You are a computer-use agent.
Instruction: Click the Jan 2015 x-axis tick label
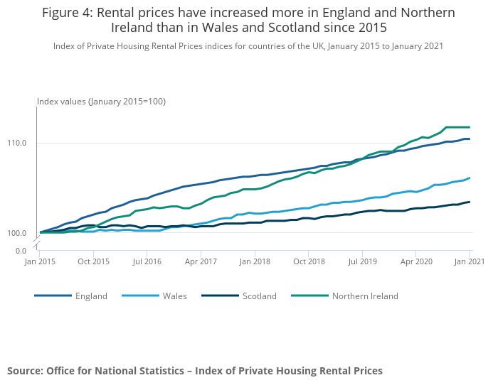coord(40,262)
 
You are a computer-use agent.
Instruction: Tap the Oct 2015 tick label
coord(93,262)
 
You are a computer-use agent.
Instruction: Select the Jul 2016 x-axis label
coord(147,262)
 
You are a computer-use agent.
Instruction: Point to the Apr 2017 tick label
coord(201,262)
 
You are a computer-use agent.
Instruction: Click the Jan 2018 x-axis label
coord(254,262)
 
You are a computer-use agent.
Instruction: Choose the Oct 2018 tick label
coord(308,262)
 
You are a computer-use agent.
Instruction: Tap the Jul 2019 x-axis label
coord(362,262)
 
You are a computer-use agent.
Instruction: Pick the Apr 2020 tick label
coord(416,262)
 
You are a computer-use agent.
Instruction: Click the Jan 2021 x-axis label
coord(470,262)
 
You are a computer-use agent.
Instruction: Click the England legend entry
coord(91,296)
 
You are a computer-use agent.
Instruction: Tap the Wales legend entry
coord(175,296)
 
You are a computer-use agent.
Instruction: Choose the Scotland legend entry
coord(259,296)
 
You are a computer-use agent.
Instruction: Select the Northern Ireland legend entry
coord(365,296)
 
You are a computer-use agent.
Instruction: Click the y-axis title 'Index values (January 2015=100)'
coord(101,102)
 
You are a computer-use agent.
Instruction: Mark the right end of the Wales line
coord(470,178)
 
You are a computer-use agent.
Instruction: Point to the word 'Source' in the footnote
coord(24,371)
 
